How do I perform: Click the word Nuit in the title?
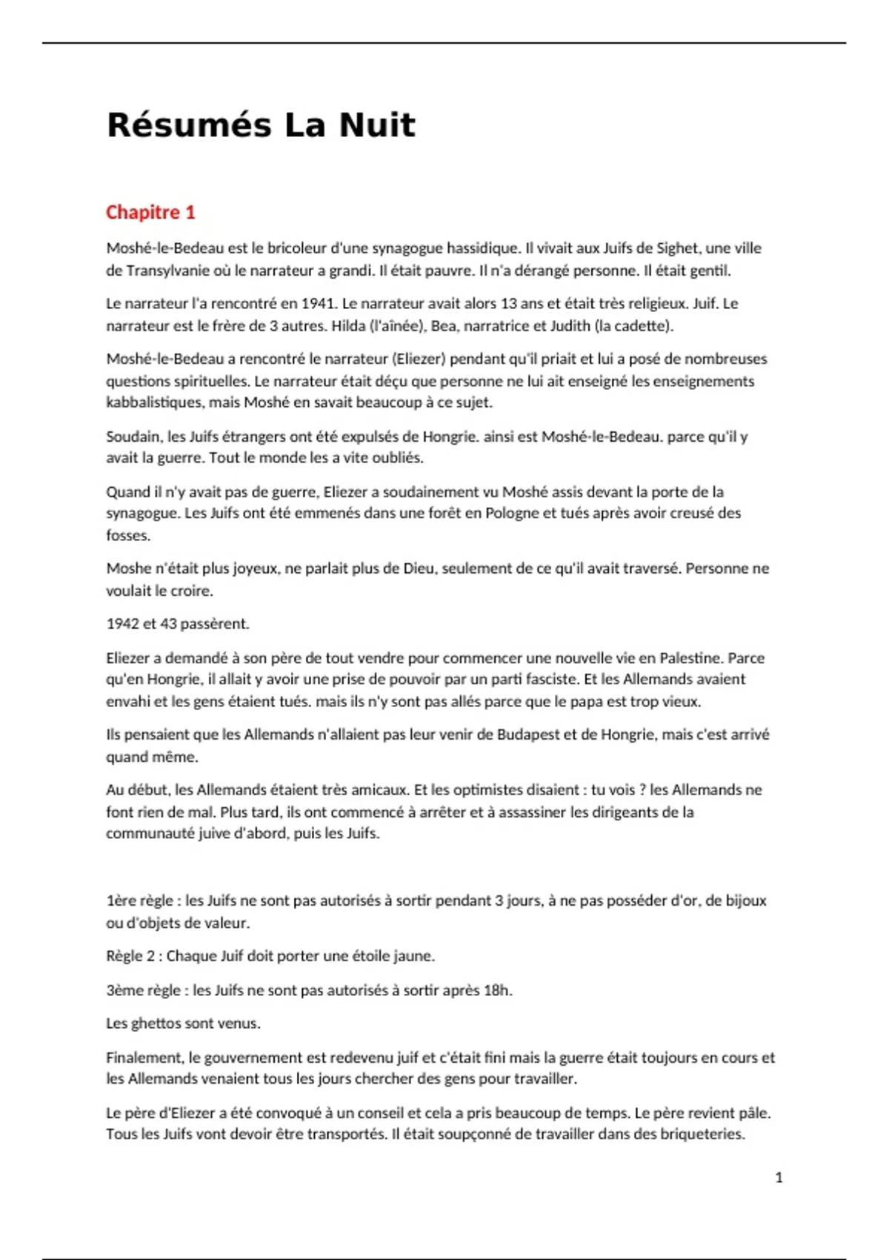point(377,125)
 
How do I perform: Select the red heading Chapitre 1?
point(150,213)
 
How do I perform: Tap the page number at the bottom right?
point(779,1177)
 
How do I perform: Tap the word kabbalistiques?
point(154,402)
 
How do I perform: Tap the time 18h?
point(497,990)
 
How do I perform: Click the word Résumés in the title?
point(189,125)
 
